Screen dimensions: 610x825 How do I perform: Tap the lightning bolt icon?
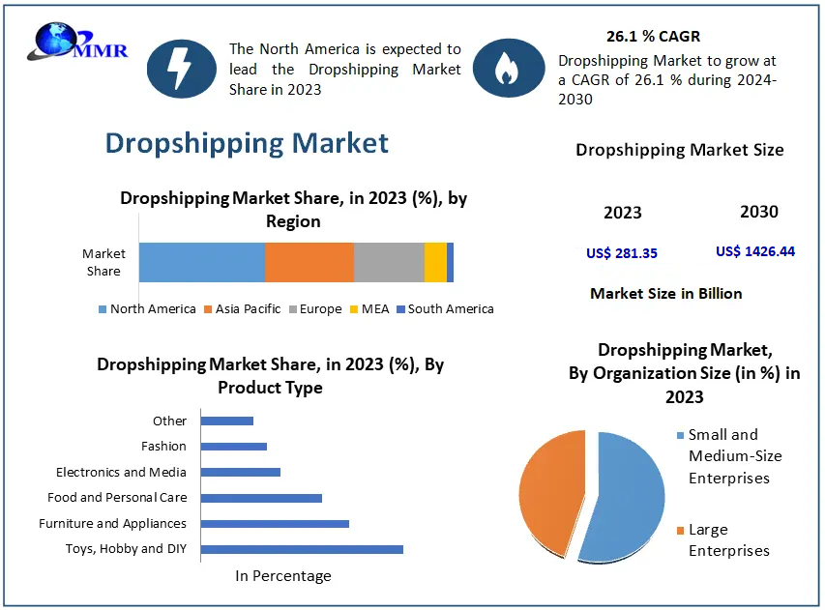click(x=181, y=68)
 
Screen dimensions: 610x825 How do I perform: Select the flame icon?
click(x=504, y=68)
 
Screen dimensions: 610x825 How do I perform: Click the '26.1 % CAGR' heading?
click(x=653, y=37)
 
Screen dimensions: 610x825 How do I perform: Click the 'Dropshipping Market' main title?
click(x=247, y=143)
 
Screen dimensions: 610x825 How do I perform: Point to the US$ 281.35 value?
click(x=622, y=253)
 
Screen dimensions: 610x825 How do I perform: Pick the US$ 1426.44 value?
click(x=755, y=251)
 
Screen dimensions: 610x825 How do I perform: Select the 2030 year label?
click(x=758, y=212)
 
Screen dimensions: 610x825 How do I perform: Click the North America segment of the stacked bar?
click(x=201, y=262)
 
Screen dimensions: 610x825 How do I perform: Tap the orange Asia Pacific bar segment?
click(x=309, y=262)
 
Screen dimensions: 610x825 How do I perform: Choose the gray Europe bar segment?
click(x=388, y=262)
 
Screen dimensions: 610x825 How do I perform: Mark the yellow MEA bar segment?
click(x=435, y=262)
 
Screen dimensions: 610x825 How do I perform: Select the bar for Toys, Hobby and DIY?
click(x=301, y=549)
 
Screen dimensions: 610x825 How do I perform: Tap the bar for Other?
click(x=226, y=421)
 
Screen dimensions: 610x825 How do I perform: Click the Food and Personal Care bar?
click(x=260, y=498)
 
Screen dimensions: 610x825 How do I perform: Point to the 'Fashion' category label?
click(x=163, y=447)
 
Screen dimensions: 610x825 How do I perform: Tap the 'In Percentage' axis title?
click(x=283, y=576)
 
